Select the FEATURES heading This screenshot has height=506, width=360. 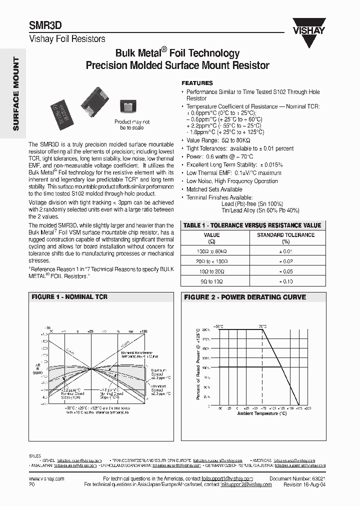(x=197, y=83)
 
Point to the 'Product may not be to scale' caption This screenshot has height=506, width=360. (x=132, y=125)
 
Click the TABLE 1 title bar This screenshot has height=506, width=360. (x=252, y=225)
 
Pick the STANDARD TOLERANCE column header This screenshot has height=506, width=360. (x=285, y=237)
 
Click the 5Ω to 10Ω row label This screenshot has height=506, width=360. (x=211, y=282)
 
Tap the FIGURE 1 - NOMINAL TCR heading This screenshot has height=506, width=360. (x=69, y=297)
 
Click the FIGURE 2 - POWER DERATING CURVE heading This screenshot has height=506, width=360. (x=245, y=297)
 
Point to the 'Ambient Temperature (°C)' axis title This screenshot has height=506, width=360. (x=262, y=413)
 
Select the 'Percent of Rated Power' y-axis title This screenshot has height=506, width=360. (x=198, y=363)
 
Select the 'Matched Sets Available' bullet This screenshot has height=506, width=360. (x=214, y=189)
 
